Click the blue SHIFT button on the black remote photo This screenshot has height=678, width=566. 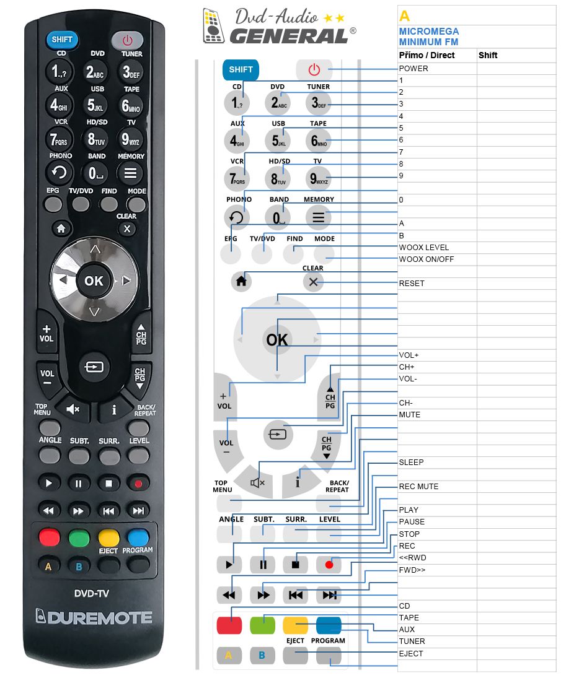click(62, 40)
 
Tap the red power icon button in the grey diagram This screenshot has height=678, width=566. click(314, 69)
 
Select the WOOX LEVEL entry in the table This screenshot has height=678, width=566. click(423, 247)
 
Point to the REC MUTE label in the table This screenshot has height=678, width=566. click(418, 487)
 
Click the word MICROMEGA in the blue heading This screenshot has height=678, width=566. click(429, 32)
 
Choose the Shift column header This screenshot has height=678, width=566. click(488, 55)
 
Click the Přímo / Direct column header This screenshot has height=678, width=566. click(427, 55)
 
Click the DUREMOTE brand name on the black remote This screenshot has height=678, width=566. click(94, 617)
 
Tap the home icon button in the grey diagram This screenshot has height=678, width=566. click(241, 282)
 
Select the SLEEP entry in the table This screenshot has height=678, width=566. click(411, 463)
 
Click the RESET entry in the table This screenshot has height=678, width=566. click(412, 283)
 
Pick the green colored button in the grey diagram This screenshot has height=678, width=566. click(262, 625)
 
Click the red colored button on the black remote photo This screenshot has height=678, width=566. click(50, 537)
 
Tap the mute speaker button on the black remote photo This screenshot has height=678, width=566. click(73, 409)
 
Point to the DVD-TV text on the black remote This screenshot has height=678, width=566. click(91, 593)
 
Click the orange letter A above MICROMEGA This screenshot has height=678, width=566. click(404, 16)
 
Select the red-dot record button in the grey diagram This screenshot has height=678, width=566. click(329, 564)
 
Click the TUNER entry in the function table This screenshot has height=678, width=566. click(412, 641)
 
